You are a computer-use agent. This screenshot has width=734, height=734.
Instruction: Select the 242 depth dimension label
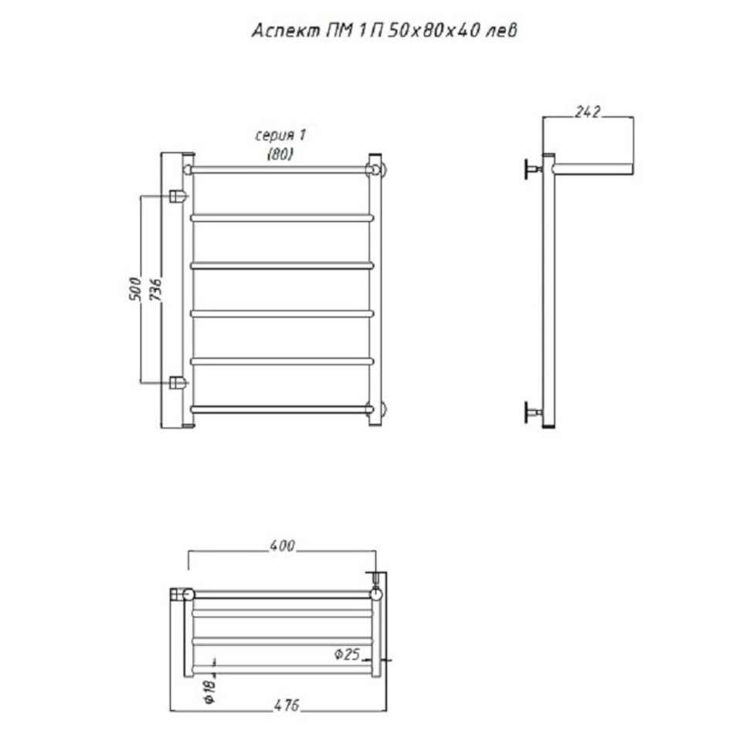pyautogui.click(x=587, y=112)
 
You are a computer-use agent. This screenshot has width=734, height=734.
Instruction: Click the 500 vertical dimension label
pyautogui.click(x=134, y=289)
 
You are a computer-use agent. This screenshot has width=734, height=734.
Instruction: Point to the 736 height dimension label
pyautogui.click(x=155, y=289)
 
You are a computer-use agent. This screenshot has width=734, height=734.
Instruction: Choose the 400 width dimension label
pyautogui.click(x=282, y=545)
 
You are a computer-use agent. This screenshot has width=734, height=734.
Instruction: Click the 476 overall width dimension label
pyautogui.click(x=286, y=705)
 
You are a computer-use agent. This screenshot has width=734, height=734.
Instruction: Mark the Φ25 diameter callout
pyautogui.click(x=347, y=654)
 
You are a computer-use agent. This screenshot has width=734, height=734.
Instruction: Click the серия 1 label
pyautogui.click(x=280, y=136)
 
